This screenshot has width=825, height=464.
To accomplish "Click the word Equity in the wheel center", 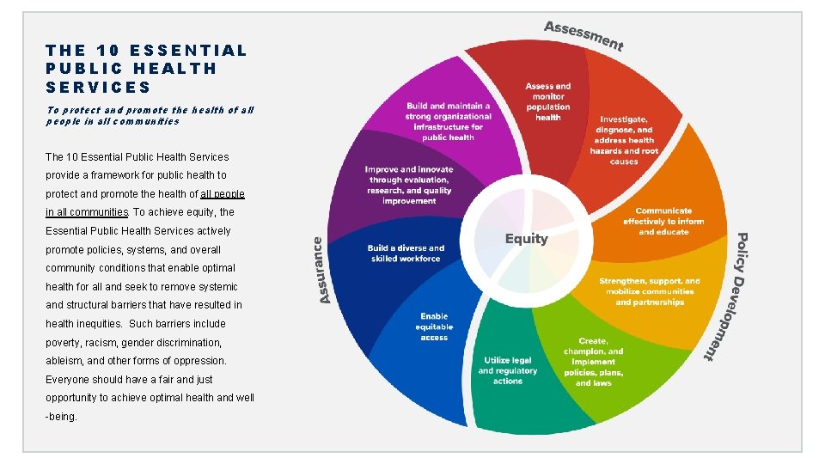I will (x=526, y=238).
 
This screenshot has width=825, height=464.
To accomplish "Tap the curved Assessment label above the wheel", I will (x=584, y=34).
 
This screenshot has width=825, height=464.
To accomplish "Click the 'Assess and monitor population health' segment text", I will (x=548, y=101).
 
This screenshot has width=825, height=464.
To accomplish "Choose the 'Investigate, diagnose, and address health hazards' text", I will (x=624, y=140).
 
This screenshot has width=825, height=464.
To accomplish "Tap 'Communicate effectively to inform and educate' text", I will (x=663, y=221).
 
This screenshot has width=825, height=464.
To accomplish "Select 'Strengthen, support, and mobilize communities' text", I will (x=650, y=291).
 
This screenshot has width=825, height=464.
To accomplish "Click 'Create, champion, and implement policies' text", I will (x=594, y=362).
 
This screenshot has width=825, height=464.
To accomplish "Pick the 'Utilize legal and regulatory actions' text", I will (x=508, y=370).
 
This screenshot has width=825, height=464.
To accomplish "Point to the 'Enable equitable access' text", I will (x=434, y=327).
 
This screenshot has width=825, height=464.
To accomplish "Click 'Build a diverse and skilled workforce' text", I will (x=406, y=253).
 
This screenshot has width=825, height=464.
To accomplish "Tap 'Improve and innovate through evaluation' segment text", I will (x=408, y=185).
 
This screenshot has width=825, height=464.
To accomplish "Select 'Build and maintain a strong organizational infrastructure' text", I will (x=448, y=121).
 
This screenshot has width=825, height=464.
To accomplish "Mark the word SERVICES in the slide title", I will (x=98, y=87).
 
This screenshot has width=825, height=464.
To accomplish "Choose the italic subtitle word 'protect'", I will (x=83, y=110).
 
